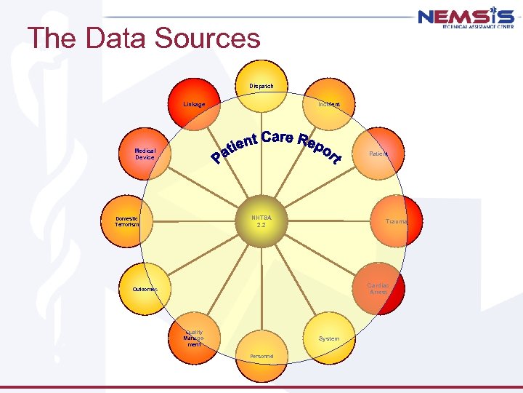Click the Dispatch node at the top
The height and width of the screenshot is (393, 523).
[261, 87]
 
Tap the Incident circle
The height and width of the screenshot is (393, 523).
[329, 104]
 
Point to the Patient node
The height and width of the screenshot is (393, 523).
[378, 154]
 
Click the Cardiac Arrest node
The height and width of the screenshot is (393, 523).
[378, 288]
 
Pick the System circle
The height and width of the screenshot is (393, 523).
[329, 338]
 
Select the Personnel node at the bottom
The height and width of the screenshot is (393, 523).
[261, 356]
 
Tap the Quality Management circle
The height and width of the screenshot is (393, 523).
[194, 338]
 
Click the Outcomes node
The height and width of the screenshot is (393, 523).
[145, 289]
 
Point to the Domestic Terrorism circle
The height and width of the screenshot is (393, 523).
[127, 221]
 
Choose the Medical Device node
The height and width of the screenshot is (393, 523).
[145, 154]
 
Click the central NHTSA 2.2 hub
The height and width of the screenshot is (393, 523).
[261, 221]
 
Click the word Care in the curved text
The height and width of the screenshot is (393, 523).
[277, 137]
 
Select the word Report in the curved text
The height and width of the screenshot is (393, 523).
[320, 148]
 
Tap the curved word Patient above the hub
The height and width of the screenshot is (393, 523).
[234, 146]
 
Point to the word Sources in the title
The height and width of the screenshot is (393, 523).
[208, 38]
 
